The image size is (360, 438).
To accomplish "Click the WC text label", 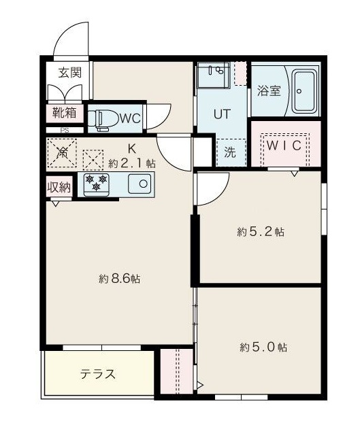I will (130, 118).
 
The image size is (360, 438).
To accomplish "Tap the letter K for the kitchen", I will (132, 148).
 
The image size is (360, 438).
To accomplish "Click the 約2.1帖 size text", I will (132, 163).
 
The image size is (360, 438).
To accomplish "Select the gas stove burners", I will (97, 182).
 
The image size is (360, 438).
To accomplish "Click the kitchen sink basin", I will (139, 183).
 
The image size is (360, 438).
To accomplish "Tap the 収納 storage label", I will (59, 187).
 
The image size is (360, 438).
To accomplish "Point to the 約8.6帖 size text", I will (119, 279).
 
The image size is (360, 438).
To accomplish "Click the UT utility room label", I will (222, 114).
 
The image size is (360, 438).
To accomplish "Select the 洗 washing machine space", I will (230, 152).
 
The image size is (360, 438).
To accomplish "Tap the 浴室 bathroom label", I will (269, 92).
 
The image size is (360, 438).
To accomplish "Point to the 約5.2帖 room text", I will (261, 232).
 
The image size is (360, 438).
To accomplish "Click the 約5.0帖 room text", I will (263, 348).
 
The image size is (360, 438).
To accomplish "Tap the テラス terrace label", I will (98, 374).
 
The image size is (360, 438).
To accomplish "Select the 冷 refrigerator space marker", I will (63, 154).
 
